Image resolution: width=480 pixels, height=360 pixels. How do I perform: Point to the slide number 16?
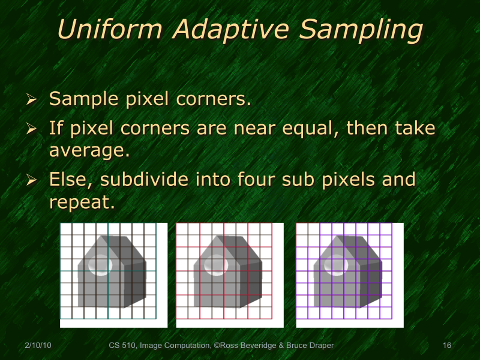[446, 346]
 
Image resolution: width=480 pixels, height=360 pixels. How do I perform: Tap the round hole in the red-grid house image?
[214, 265]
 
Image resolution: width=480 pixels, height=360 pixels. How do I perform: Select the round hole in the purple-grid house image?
[334, 265]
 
